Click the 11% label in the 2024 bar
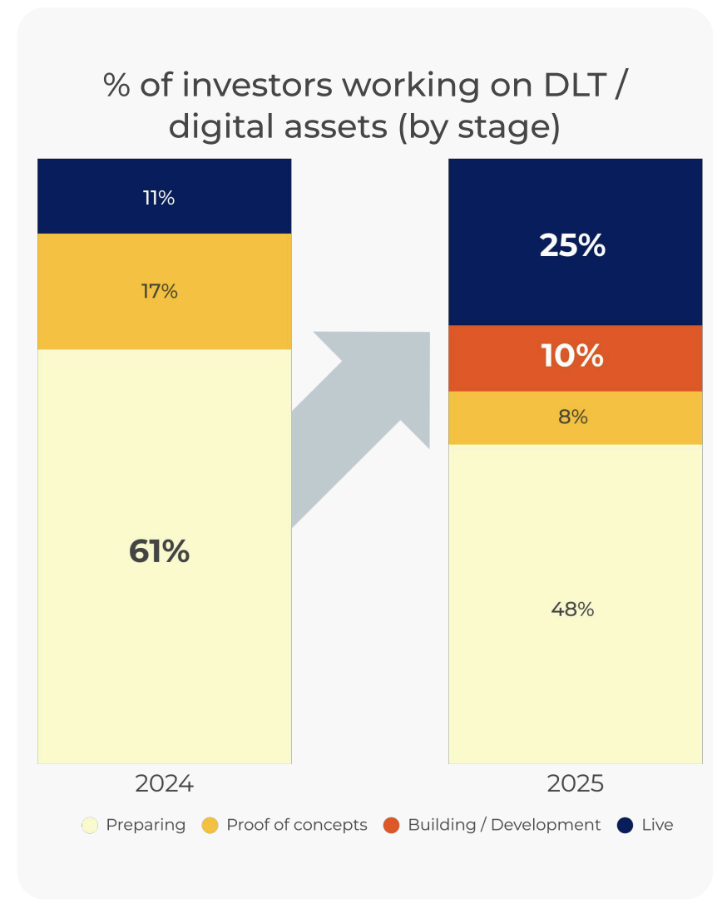(158, 198)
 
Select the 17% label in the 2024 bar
(158, 291)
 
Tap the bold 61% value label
(159, 551)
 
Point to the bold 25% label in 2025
(572, 245)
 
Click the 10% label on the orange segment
(572, 356)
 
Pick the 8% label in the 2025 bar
(572, 417)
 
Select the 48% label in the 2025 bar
(572, 609)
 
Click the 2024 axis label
(164, 783)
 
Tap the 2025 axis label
(575, 783)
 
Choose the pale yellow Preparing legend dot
(91, 826)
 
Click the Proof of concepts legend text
(296, 825)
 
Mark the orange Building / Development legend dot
(391, 826)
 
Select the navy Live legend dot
(626, 826)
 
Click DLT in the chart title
(566, 86)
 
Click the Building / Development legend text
(504, 825)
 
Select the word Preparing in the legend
(146, 825)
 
